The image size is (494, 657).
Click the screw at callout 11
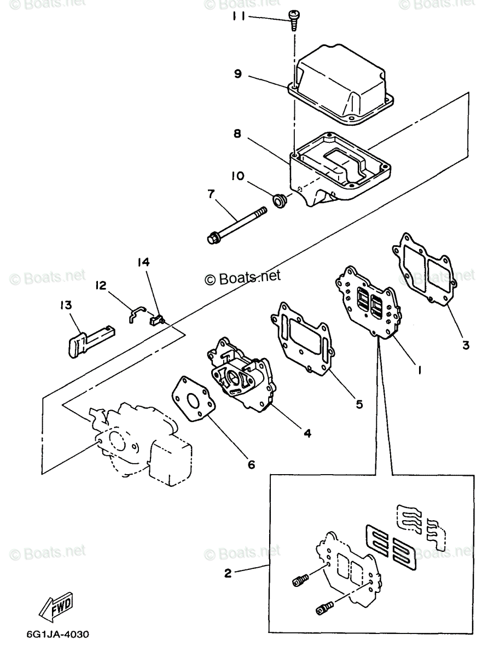click(x=294, y=20)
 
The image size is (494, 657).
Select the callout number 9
click(x=238, y=73)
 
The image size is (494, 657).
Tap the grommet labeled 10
click(x=280, y=201)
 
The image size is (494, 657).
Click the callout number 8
click(x=237, y=134)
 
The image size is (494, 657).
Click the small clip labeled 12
click(x=137, y=314)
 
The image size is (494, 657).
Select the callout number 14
click(x=143, y=262)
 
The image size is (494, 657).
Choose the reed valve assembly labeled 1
click(x=368, y=303)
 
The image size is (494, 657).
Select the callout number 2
click(x=228, y=573)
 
